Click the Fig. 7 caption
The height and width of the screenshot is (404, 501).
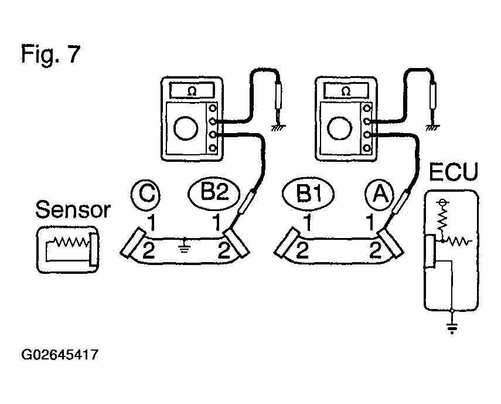click(x=51, y=55)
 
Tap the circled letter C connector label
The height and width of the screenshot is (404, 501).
click(x=145, y=194)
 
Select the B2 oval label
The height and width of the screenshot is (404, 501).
click(x=214, y=193)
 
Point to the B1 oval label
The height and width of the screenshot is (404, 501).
click(x=308, y=193)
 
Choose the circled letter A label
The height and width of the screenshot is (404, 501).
click(x=379, y=194)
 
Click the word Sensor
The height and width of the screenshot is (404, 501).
click(x=73, y=210)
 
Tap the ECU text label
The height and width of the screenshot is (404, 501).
click(x=454, y=172)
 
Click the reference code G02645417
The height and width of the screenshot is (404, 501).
click(x=60, y=355)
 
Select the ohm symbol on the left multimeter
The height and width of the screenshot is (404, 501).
click(x=192, y=91)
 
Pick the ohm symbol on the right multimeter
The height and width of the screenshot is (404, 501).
click(x=346, y=91)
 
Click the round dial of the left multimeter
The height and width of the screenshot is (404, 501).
click(x=186, y=128)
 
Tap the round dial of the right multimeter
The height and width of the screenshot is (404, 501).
click(x=340, y=128)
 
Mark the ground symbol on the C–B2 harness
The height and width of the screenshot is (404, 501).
click(x=185, y=246)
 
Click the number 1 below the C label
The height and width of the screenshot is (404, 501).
click(x=152, y=222)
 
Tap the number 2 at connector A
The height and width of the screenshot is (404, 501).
click(x=376, y=250)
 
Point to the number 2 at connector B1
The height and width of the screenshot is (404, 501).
click(x=302, y=250)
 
